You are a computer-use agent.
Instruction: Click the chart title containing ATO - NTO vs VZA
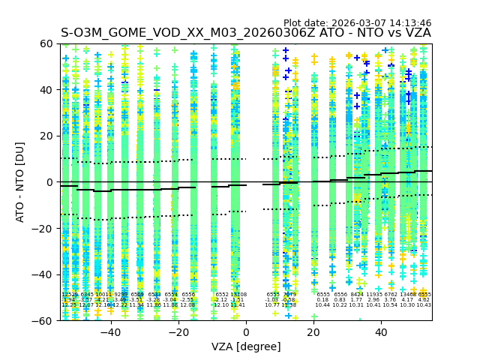tap(246, 33)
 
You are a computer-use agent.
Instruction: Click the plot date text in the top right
tap(357, 23)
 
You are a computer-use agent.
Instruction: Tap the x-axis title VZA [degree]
tap(246, 346)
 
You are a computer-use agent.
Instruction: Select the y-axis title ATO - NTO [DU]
tap(20, 182)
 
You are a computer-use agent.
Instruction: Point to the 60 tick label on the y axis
tap(46, 43)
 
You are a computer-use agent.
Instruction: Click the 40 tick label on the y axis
tap(46, 90)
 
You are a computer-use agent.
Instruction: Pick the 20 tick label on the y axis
tap(46, 136)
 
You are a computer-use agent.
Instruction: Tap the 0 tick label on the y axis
tap(49, 182)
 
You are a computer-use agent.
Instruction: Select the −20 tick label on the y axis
tap(43, 228)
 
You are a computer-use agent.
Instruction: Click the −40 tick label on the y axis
tap(43, 274)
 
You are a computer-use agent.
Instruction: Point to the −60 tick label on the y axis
tap(43, 320)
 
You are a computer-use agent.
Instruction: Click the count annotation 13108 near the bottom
tap(238, 295)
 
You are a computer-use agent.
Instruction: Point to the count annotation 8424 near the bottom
tap(357, 295)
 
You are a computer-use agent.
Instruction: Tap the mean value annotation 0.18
tap(322, 300)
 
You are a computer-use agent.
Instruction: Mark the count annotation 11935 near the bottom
tap(373, 295)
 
